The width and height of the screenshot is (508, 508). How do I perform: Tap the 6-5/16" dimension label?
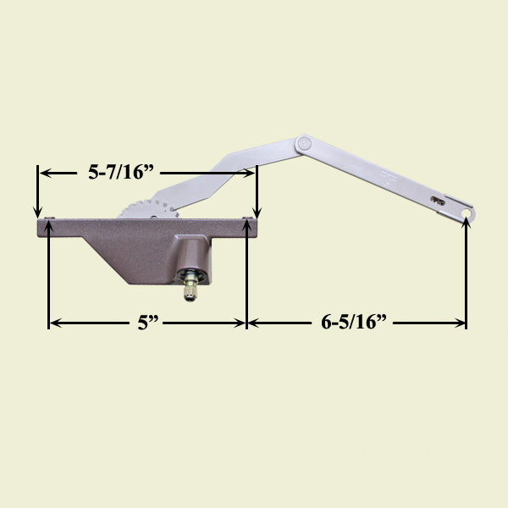pyautogui.click(x=355, y=323)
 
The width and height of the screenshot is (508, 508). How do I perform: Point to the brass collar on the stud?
pyautogui.click(x=192, y=275)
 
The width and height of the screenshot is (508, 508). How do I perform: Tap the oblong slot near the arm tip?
pyautogui.click(x=438, y=201)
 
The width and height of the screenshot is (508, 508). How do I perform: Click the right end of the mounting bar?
pyautogui.click(x=253, y=225)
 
